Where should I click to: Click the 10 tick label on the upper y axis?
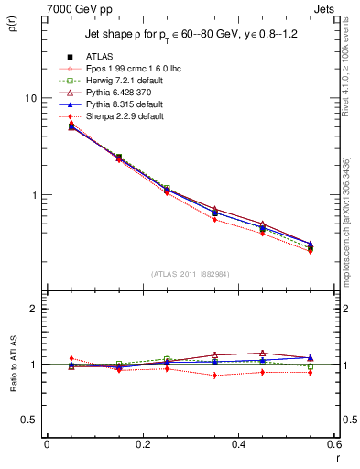click(x=30, y=98)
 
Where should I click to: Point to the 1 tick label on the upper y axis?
click(x=33, y=195)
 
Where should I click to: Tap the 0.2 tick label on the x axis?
click(x=142, y=444)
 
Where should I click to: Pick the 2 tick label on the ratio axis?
click(x=33, y=310)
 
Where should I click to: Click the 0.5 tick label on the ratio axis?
click(x=29, y=420)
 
